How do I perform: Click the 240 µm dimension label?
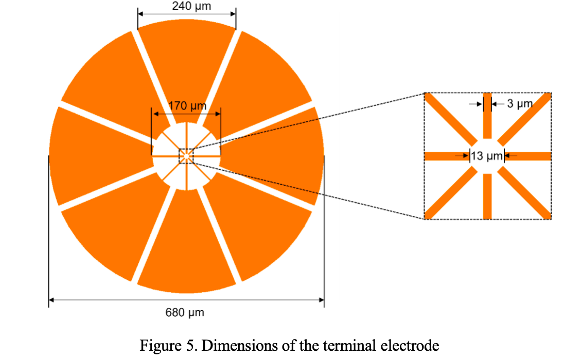tap(187, 6)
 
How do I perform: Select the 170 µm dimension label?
tap(187, 107)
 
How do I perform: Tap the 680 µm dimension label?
tap(185, 313)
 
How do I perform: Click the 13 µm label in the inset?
tap(486, 156)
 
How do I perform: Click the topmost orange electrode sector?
tap(187, 62)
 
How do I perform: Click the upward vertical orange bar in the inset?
tap(487, 116)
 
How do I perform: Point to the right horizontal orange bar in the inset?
tap(528, 156)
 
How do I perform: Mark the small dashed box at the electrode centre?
tap(185, 156)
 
